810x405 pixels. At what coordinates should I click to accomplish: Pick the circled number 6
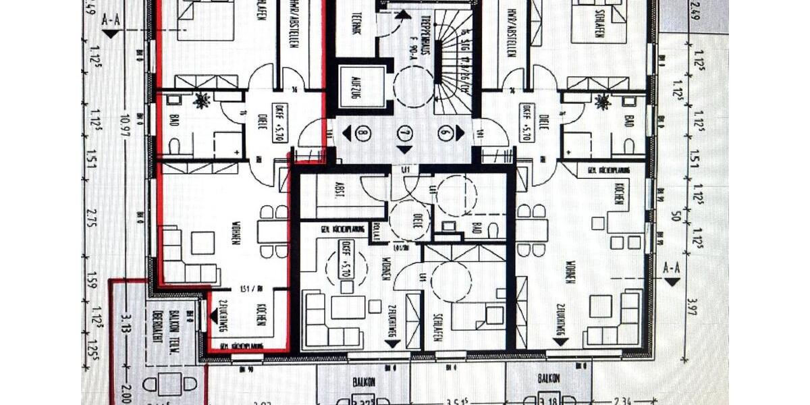coord(444,133)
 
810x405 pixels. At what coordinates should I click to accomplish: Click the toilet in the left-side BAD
coord(174,146)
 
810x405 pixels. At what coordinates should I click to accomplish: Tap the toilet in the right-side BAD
coord(629,146)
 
